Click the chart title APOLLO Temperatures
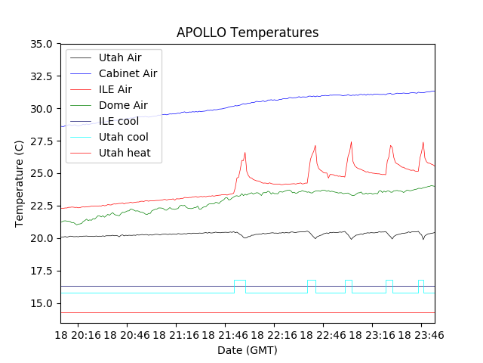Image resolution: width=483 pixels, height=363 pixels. pyautogui.click(x=248, y=33)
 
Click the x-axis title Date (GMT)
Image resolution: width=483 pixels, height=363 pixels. pyautogui.click(x=248, y=350)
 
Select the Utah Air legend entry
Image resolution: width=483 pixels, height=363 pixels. pyautogui.click(x=119, y=57)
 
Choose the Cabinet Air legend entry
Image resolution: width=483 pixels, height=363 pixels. pyautogui.click(x=128, y=73)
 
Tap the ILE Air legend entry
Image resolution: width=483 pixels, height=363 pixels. pyautogui.click(x=115, y=89)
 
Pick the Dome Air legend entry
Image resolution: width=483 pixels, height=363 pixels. pyautogui.click(x=123, y=105)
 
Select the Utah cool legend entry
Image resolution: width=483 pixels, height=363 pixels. pyautogui.click(x=123, y=137)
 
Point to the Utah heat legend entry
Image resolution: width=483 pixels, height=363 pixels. pyautogui.click(x=125, y=153)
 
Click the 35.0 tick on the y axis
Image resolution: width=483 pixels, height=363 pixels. pyautogui.click(x=40, y=44)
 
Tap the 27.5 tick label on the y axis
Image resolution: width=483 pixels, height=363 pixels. pyautogui.click(x=40, y=141)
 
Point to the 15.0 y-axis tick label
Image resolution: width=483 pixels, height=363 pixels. pyautogui.click(x=40, y=303)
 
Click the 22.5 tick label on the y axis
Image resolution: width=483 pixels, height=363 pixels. pyautogui.click(x=40, y=206)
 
